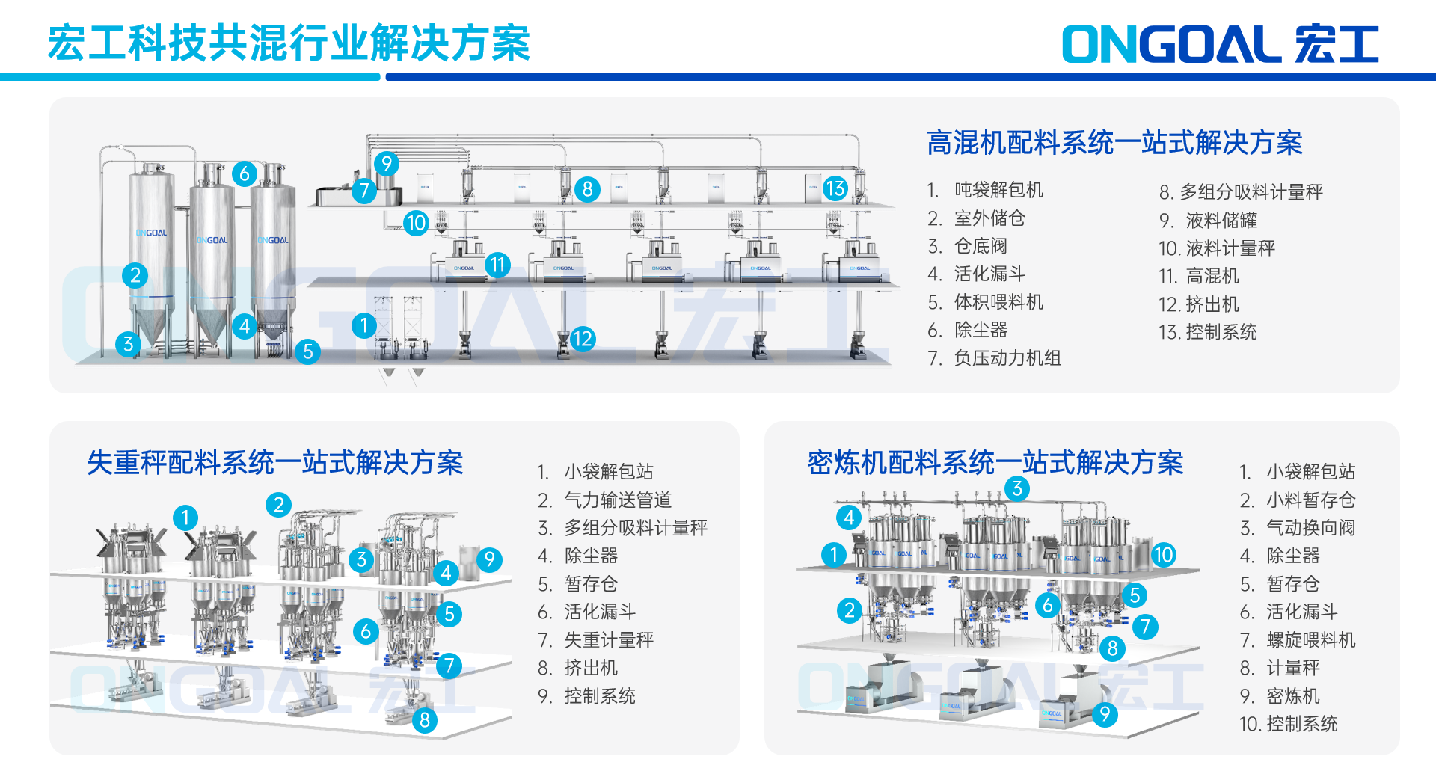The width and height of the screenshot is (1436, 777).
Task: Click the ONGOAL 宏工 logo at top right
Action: coord(1220,44)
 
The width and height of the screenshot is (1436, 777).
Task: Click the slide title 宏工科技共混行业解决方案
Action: coord(289,43)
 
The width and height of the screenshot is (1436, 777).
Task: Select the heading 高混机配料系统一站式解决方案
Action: coord(1114,143)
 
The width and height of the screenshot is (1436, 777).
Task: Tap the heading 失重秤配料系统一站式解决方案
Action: coord(274,463)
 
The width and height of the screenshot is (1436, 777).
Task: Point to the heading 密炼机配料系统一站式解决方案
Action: coord(995,463)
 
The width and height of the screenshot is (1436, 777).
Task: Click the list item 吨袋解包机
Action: coord(998,190)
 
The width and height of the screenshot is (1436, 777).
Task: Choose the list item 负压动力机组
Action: coord(1007,358)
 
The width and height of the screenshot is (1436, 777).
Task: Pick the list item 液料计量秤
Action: coord(1230,248)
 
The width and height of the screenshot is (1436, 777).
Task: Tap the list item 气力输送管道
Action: coord(617,500)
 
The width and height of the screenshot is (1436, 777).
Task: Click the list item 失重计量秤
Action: coord(608,640)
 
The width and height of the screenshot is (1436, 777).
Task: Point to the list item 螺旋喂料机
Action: coord(1310,640)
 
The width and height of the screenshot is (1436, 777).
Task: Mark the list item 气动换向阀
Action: coord(1310,528)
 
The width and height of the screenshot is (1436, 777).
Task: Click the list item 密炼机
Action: coord(1292,696)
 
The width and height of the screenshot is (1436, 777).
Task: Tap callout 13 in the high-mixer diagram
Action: coord(835,188)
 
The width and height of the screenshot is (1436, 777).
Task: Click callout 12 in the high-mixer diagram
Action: coord(582,339)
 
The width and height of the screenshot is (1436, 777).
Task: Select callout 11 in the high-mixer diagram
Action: coord(498,264)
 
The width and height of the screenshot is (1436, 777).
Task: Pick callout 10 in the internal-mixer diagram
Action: coord(1163,555)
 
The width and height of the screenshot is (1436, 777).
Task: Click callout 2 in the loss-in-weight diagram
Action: coord(278,505)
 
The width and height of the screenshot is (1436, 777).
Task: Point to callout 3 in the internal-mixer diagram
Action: coord(1017,489)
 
